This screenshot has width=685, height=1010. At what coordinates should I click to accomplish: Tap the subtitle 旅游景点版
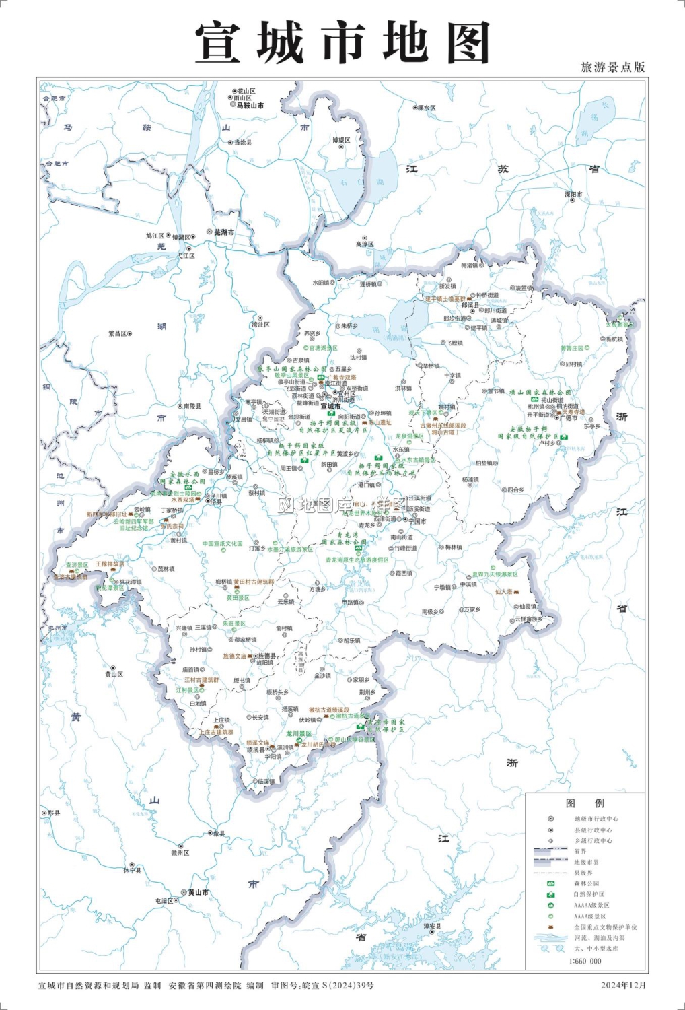612,67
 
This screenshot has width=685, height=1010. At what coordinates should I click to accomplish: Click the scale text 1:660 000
585,962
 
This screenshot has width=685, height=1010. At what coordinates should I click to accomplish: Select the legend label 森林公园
586,883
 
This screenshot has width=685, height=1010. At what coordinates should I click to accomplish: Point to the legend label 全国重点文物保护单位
605,927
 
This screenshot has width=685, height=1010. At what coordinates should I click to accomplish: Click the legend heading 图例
585,803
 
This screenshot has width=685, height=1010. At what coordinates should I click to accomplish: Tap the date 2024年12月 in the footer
623,985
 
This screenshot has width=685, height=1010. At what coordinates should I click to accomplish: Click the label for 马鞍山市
250,106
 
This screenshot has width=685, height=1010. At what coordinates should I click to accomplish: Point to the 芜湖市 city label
224,232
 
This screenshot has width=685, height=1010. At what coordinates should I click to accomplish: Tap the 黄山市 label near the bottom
198,892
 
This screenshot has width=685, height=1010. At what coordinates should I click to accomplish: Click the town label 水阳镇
320,283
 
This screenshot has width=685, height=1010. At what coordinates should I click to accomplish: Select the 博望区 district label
341,140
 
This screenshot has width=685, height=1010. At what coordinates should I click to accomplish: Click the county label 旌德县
266,655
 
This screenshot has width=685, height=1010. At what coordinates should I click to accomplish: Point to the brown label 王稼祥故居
110,564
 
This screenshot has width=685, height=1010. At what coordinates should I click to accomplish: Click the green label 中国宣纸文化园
222,543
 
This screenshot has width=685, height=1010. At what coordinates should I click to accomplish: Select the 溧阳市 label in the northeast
573,195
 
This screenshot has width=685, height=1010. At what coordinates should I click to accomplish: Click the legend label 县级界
583,873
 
